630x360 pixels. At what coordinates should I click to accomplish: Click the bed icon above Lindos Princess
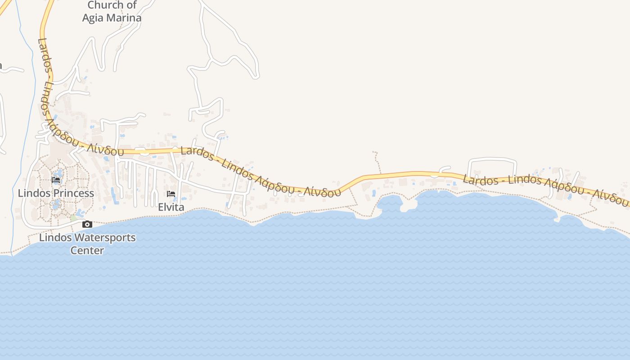(56, 180)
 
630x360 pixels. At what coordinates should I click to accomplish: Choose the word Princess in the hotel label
(74, 193)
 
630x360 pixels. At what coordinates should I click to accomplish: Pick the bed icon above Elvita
(171, 194)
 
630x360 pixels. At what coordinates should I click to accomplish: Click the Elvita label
(171, 207)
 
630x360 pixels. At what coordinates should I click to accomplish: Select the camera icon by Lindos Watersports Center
(87, 224)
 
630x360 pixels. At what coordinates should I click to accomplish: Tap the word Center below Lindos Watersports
(87, 251)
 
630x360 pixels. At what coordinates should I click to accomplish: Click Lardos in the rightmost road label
(481, 180)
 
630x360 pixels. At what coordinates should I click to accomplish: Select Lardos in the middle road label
(197, 153)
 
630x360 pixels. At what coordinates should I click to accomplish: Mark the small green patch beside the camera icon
(73, 218)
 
